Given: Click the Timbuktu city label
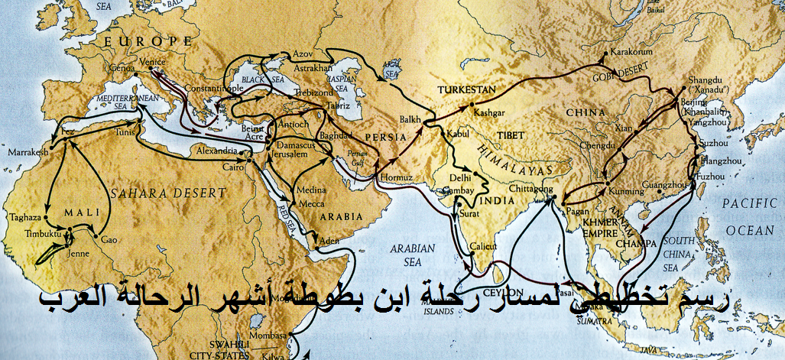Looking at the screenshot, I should tap(26, 230).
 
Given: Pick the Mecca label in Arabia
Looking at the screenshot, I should tap(307, 204).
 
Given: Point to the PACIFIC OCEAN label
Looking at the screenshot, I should tap(751, 217).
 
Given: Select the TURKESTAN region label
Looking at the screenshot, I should tap(465, 89).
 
